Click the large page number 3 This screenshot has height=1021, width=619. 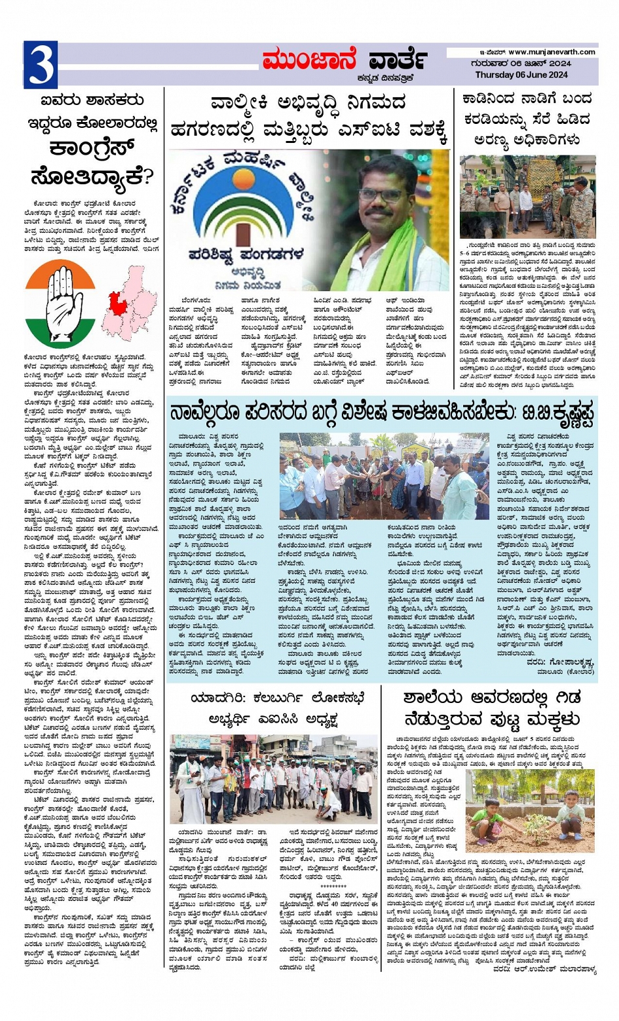(40, 64)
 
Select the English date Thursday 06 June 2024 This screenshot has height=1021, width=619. (521, 75)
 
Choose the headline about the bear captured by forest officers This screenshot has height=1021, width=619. (527, 119)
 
